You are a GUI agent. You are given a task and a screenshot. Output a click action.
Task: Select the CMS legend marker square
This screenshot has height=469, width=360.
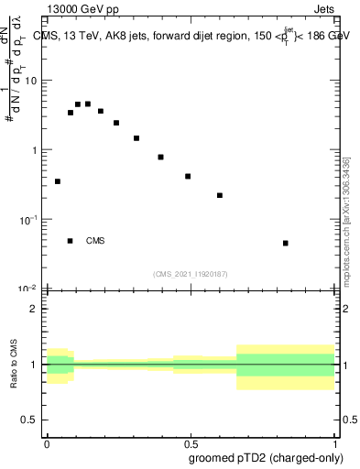coord(71,241)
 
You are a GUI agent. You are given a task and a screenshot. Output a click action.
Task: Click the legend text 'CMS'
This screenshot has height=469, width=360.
coord(95,241)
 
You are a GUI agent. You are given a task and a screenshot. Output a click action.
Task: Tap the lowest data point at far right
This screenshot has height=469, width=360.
coord(286,243)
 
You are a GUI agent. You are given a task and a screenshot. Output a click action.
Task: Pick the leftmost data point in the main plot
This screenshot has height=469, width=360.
coord(58,181)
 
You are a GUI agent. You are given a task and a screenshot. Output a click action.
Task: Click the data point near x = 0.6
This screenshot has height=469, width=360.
coord(220,195)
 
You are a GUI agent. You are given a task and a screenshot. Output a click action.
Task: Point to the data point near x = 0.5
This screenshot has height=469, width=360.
coord(188,176)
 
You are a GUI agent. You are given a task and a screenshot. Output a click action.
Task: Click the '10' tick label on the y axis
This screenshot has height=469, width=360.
coord(33,81)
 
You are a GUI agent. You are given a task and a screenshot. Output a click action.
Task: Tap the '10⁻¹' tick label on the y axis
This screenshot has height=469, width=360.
coord(31,220)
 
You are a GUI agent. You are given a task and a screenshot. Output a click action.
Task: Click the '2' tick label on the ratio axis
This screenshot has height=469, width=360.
coord(37,309)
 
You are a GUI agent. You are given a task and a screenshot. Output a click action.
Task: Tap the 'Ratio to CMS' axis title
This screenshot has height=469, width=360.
coord(14,364)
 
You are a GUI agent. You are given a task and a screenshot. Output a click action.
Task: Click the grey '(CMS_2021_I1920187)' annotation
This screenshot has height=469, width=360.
coord(191,273)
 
